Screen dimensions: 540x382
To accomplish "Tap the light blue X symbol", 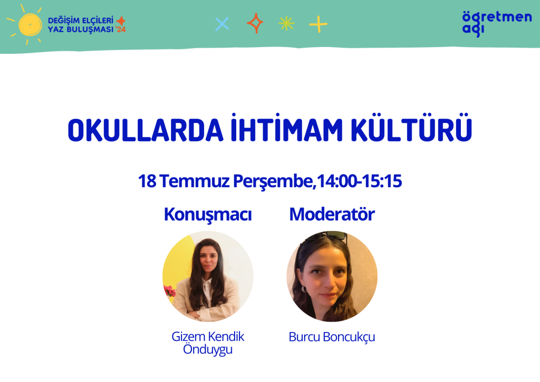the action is pos(222,24).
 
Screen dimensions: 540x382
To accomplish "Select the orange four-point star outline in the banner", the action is pos(255,23).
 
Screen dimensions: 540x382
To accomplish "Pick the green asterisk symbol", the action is pos(286,24).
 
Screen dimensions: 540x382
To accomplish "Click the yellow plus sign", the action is pos(318,24).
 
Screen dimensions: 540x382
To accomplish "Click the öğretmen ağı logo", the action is pos(497,23).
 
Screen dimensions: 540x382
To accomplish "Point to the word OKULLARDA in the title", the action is pos(146,130).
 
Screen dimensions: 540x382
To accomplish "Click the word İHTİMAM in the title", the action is pos(286,128).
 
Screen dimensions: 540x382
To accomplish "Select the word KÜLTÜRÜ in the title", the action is pos(411,128).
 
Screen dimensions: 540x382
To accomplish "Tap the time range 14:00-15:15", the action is pos(359,181).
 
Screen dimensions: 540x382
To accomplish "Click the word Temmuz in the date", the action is pos(194,181).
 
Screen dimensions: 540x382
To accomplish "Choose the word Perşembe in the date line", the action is pos(273,182).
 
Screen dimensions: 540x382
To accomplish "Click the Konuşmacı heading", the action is pos(208,215).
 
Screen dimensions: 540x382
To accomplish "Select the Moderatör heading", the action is pos(332,214).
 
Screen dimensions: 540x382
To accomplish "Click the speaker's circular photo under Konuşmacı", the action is pos(208,276).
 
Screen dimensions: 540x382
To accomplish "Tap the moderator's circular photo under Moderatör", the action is pos(332,276).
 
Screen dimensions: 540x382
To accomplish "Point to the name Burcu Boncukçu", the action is pos(332,337).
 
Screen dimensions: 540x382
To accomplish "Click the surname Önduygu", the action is pos(208,349).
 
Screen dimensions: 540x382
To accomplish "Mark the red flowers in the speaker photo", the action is pos(169,291).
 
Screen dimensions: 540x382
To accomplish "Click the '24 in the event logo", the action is pos(121,30).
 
